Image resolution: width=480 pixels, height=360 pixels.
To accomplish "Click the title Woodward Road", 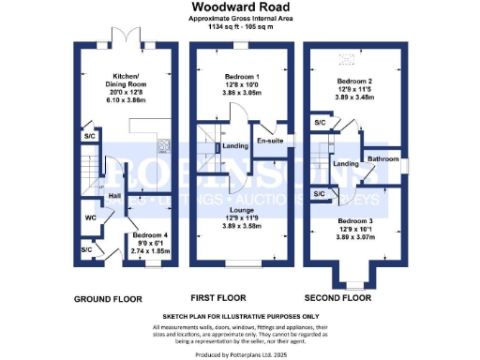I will coord(239,7).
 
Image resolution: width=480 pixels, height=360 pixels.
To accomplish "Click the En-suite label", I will coord(272,141).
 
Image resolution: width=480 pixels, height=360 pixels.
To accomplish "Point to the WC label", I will coord(90,218).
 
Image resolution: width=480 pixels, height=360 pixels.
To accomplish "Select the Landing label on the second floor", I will coord(346,164).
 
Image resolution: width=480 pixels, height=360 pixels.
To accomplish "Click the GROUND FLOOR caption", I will coord(108,299).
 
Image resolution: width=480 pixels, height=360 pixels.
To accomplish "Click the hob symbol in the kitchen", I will coord(161,144).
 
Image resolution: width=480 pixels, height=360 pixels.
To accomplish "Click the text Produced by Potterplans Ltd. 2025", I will coord(239,353).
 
